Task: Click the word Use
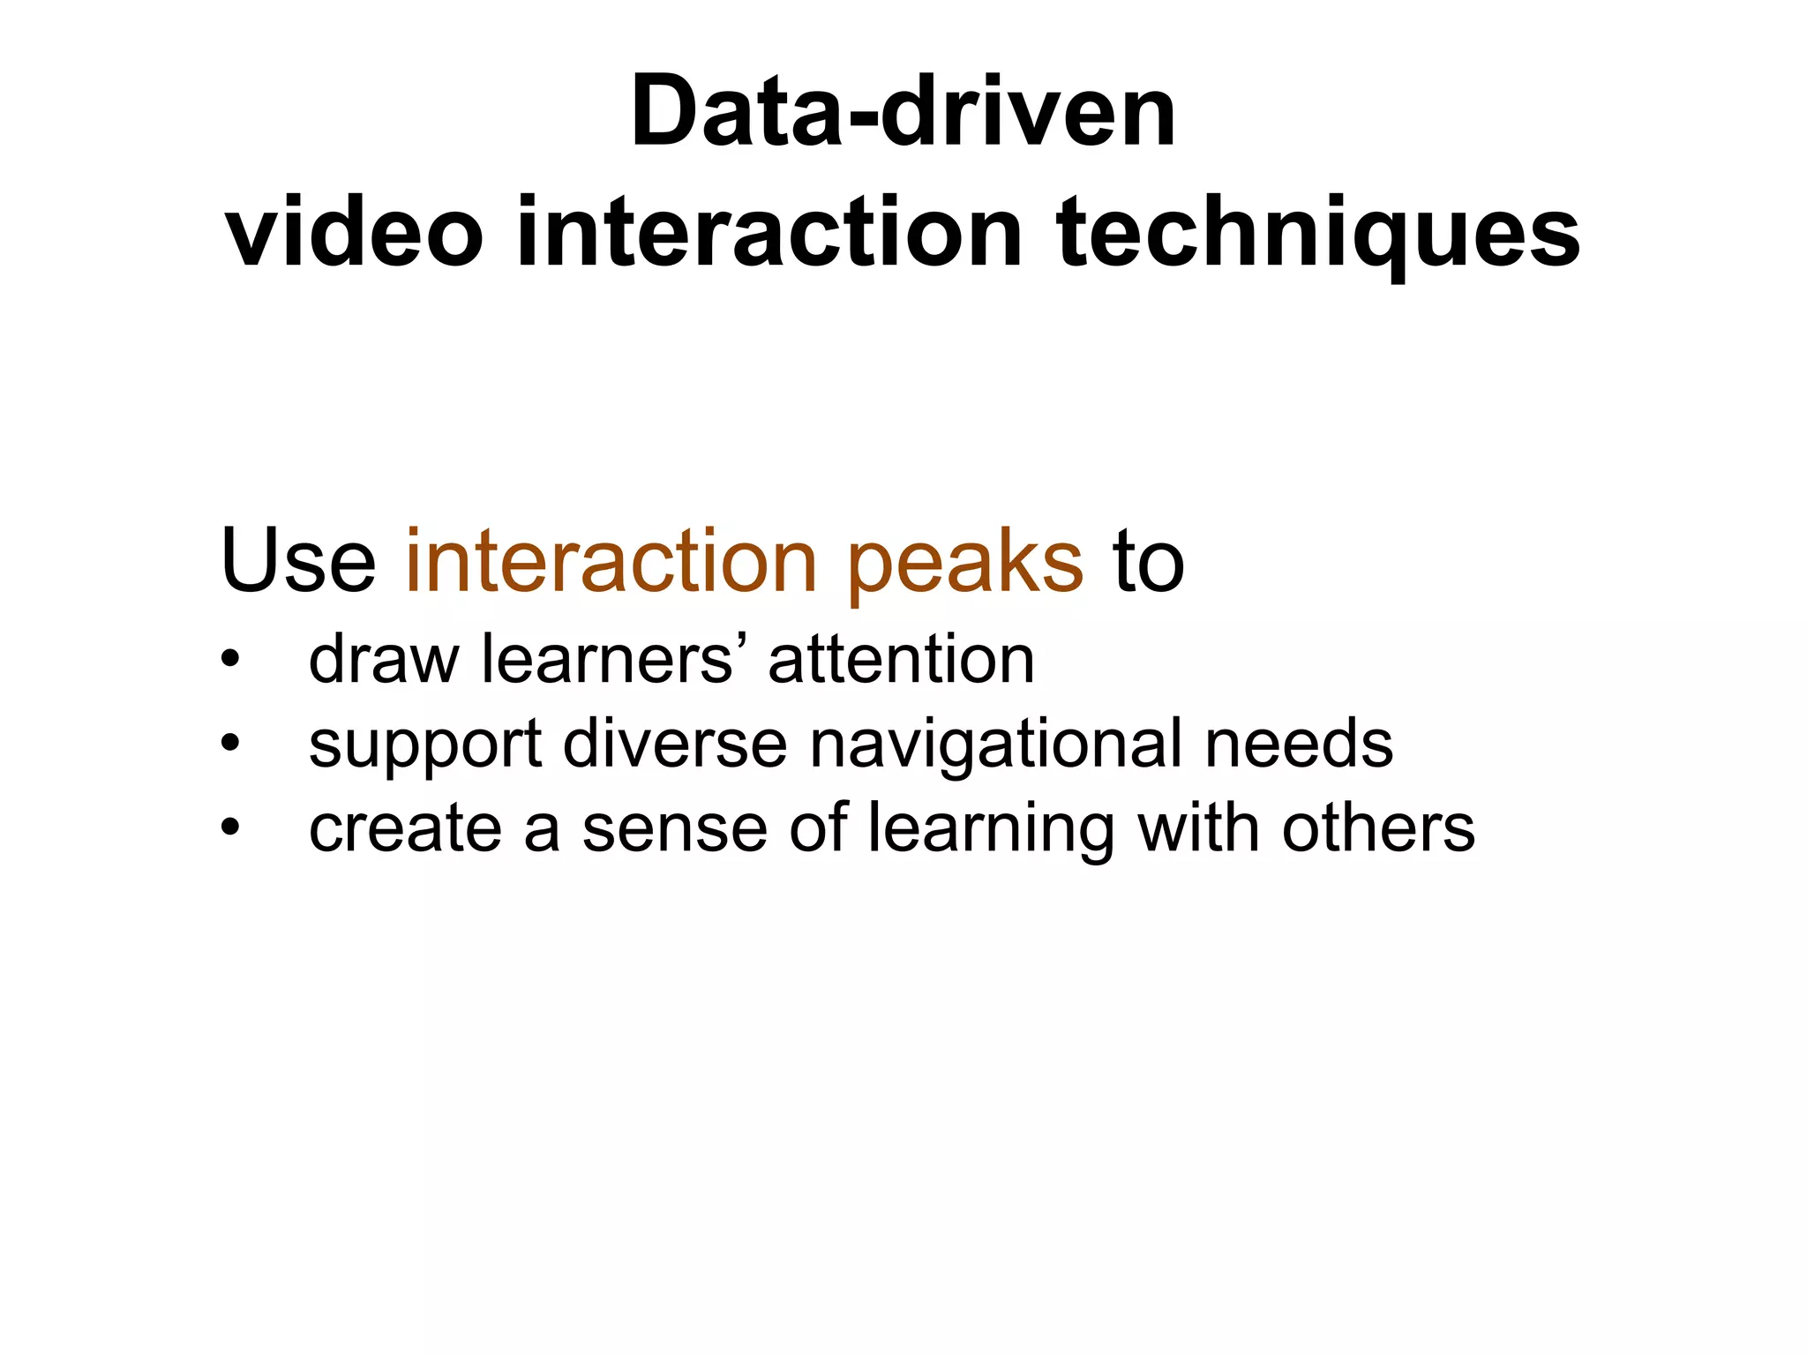point(298,561)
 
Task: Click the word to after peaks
point(1148,561)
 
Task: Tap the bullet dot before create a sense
point(230,828)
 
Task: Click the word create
point(405,829)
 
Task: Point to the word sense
point(675,829)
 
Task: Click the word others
point(1378,828)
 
